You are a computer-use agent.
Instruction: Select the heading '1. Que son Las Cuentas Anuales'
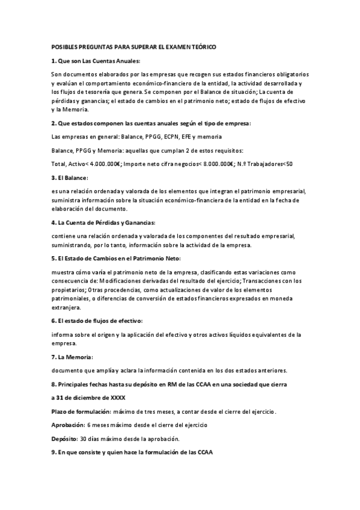point(96,61)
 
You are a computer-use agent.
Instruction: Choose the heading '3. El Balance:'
point(70,178)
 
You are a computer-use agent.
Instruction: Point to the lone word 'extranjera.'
point(66,307)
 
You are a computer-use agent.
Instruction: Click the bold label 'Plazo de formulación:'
point(81,411)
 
